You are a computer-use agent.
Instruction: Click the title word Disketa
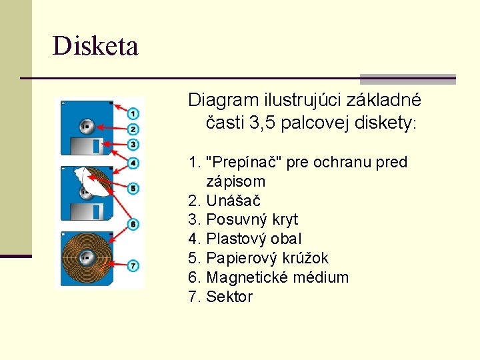[x=95, y=47]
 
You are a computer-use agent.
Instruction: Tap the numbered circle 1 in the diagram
[x=133, y=114]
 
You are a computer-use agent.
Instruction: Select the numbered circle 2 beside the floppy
[x=133, y=129]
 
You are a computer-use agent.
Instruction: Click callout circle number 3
[x=133, y=145]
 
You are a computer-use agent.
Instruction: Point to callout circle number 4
[x=133, y=163]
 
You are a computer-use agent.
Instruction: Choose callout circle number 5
[x=133, y=189]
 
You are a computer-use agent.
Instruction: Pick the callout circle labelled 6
[x=133, y=225]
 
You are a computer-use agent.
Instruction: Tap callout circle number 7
[x=133, y=266]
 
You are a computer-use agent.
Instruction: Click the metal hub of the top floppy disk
[x=85, y=125]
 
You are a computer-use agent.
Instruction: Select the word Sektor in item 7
[x=229, y=297]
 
